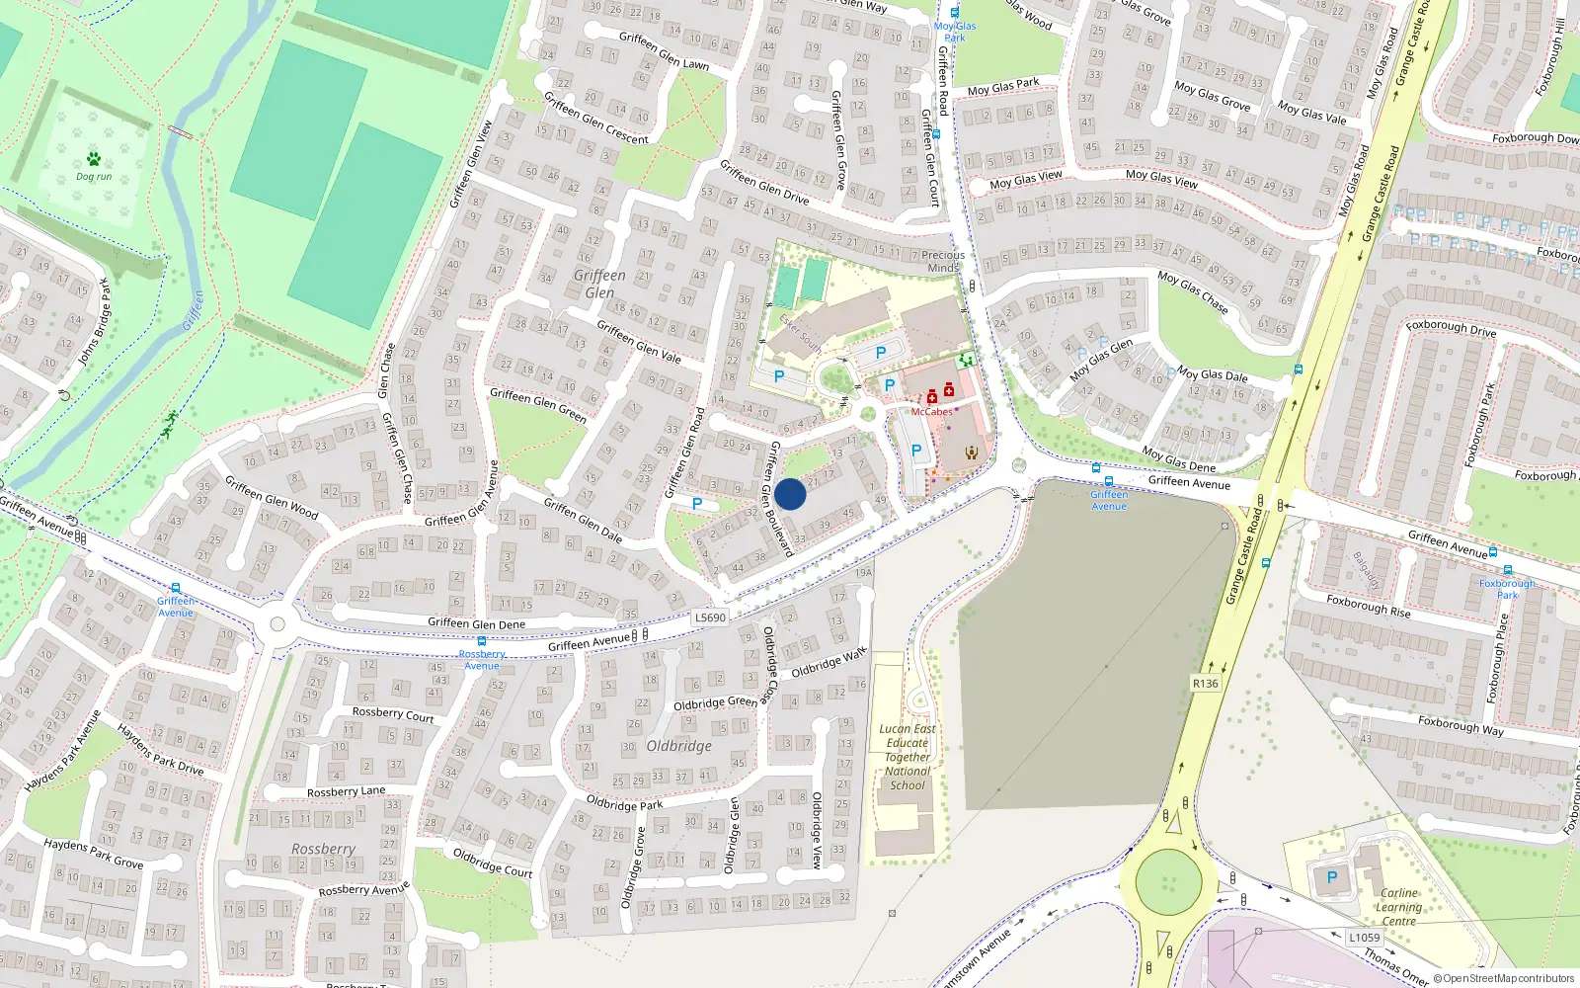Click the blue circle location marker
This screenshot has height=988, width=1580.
[790, 494]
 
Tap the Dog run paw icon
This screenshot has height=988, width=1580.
[94, 159]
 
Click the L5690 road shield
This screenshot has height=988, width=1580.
[710, 617]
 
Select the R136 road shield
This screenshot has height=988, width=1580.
[1206, 683]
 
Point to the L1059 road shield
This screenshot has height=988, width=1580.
[1364, 938]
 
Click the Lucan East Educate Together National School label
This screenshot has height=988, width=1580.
[908, 757]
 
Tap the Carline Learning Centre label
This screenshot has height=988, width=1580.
[1399, 907]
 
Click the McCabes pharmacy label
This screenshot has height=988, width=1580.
[931, 412]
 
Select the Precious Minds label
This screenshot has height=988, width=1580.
[943, 261]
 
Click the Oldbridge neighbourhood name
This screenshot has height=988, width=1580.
[678, 746]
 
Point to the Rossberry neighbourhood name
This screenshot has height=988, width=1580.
[323, 849]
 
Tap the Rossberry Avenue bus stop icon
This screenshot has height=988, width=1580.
[482, 641]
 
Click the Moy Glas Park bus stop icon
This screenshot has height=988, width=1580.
[955, 13]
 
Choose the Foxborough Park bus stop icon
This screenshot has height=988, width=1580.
[1508, 570]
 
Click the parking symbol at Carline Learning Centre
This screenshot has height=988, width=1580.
[1332, 877]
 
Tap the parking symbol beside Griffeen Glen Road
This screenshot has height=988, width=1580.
[697, 504]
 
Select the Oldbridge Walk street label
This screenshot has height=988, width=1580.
[829, 663]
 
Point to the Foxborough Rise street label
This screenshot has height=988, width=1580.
[1368, 606]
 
